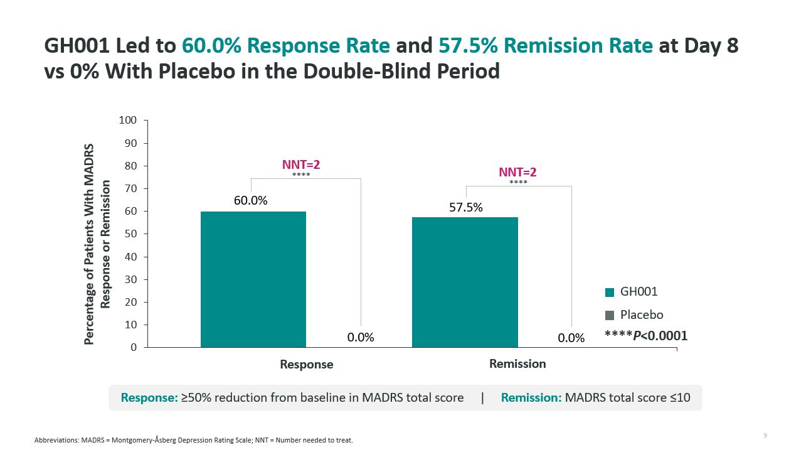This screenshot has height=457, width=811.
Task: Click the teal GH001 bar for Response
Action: click(x=253, y=279)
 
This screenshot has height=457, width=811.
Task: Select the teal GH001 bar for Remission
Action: click(x=464, y=282)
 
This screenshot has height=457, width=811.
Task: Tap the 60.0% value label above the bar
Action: click(x=251, y=201)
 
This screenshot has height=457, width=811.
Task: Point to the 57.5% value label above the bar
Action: click(x=466, y=207)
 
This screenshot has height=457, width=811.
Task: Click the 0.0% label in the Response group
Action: click(x=361, y=338)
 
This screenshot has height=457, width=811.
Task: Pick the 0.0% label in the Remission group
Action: click(x=571, y=338)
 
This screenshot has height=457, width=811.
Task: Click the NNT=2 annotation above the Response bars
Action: click(x=301, y=165)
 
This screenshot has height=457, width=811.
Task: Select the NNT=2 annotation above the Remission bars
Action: click(x=517, y=173)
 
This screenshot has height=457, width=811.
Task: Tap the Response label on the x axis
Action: click(x=307, y=365)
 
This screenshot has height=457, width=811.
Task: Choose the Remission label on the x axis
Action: click(x=517, y=364)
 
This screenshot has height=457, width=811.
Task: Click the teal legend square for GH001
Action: click(x=609, y=293)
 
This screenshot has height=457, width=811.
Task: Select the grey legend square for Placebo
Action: click(x=609, y=315)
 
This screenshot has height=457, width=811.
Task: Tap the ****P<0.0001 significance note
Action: click(x=645, y=336)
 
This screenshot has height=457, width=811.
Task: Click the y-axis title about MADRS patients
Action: click(x=97, y=244)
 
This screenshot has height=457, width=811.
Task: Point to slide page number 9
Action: click(x=765, y=436)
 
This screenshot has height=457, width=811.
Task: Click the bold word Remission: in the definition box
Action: click(x=531, y=397)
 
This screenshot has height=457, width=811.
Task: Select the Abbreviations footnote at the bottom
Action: click(x=194, y=440)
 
